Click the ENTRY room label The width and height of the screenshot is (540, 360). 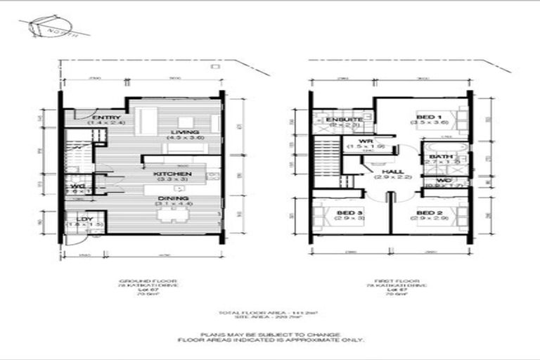pyautogui.click(x=107, y=117)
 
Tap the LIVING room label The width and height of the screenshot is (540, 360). pyautogui.click(x=184, y=132)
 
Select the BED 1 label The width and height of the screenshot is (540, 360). pyautogui.click(x=429, y=117)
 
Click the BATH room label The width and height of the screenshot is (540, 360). pyautogui.click(x=441, y=157)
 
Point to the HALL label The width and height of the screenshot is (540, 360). pyautogui.click(x=392, y=172)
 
